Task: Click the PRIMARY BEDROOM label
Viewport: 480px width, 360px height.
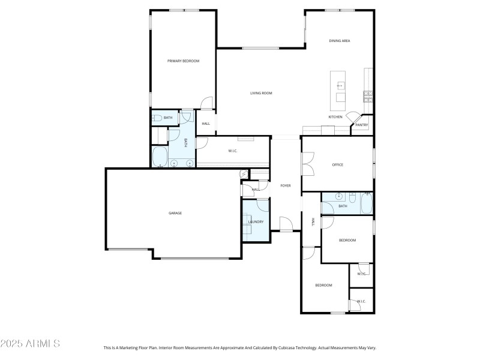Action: click(183, 61)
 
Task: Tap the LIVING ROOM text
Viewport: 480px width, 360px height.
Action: click(261, 93)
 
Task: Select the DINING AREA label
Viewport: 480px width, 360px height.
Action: click(339, 41)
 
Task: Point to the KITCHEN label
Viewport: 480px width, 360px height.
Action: click(335, 117)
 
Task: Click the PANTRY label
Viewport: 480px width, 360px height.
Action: click(361, 125)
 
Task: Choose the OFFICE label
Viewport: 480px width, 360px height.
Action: click(337, 164)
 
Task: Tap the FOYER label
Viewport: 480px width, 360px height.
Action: click(286, 185)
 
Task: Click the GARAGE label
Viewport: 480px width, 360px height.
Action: click(175, 213)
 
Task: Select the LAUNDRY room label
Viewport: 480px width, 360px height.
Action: click(256, 222)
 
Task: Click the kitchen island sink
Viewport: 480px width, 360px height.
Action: click(340, 86)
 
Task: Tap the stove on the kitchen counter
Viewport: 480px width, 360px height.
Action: click(367, 94)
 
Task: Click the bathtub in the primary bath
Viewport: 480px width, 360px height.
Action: click(160, 158)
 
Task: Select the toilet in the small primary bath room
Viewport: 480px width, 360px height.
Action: click(155, 118)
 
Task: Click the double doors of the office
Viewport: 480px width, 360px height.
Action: click(307, 164)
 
